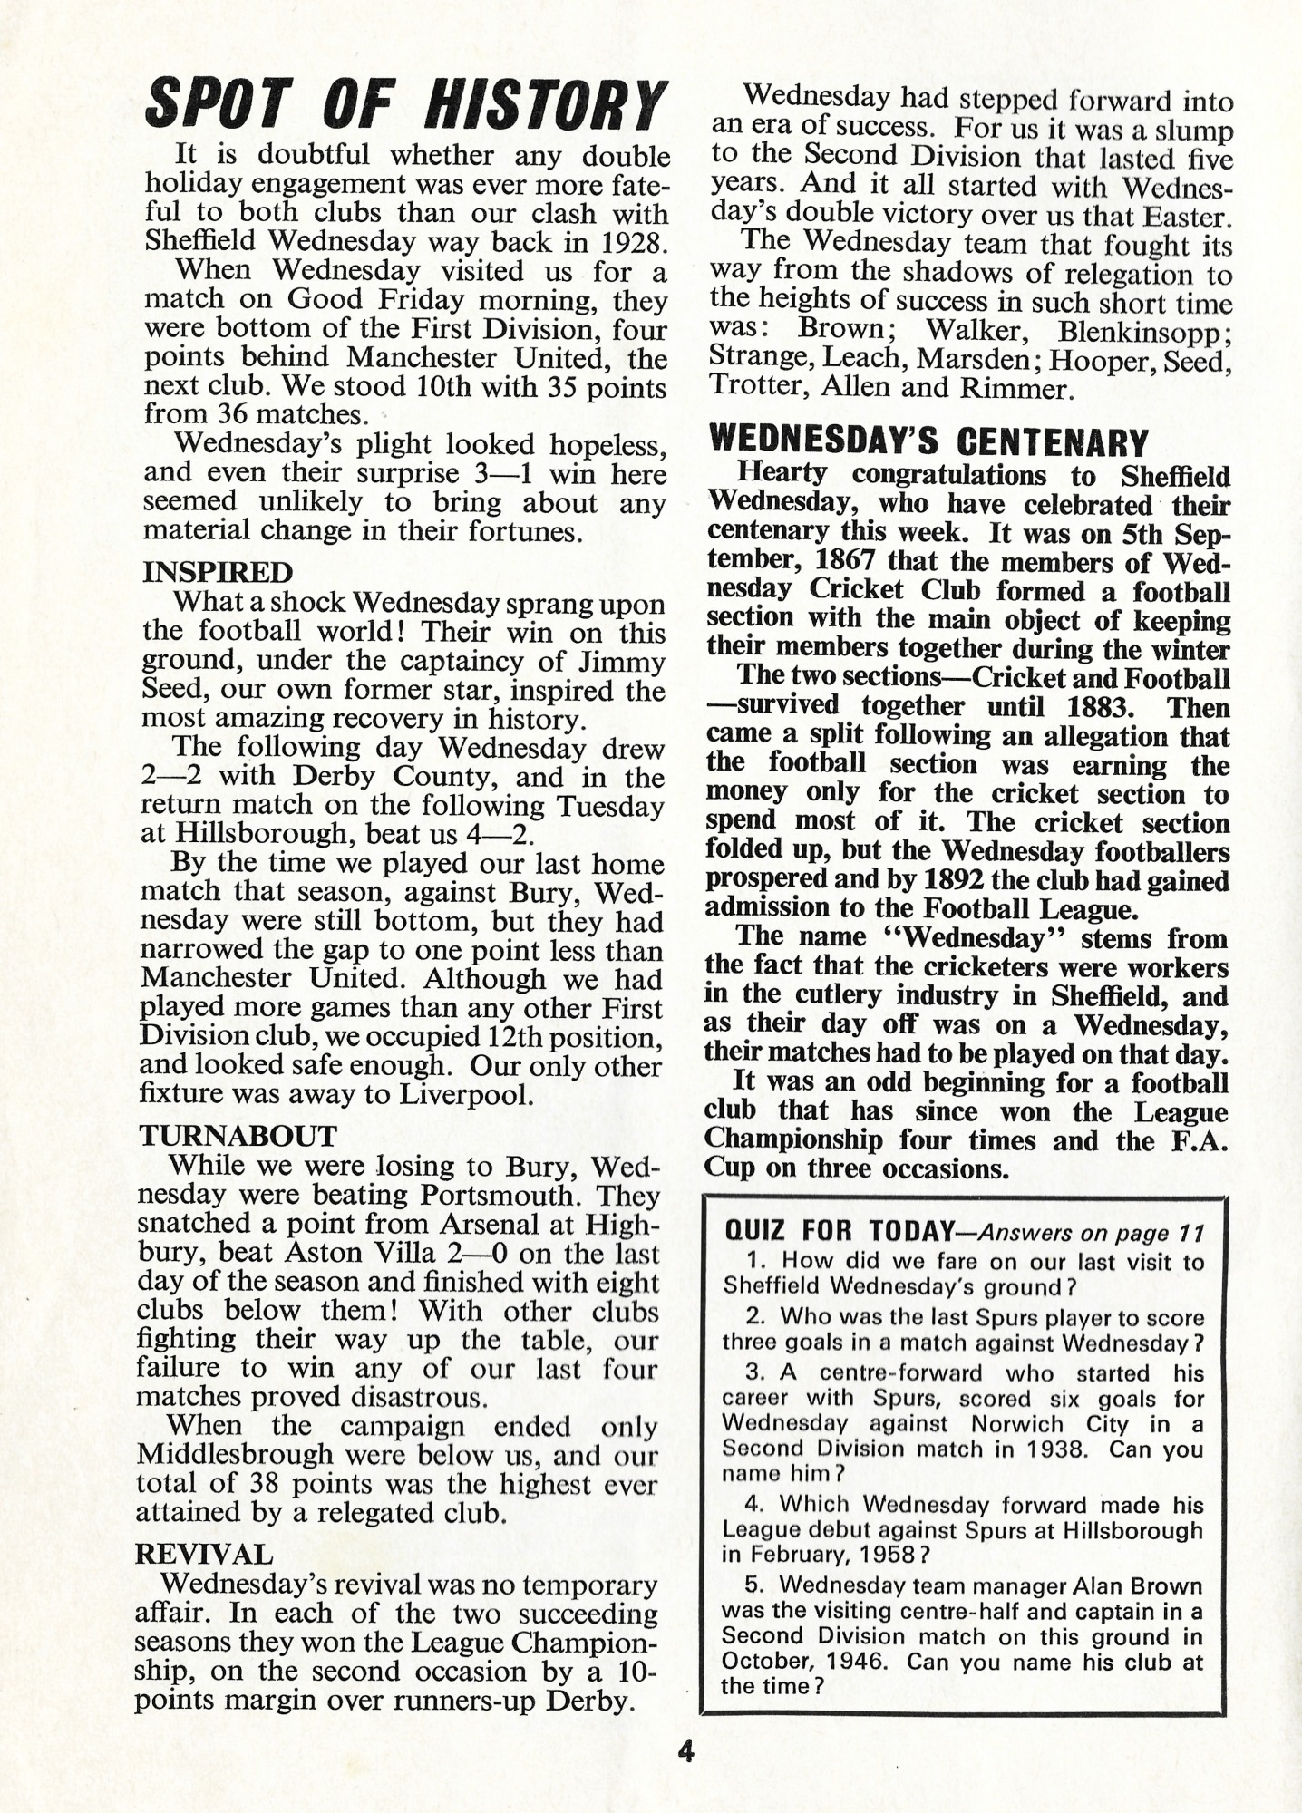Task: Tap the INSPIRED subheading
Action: click(x=218, y=573)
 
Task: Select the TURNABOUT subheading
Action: click(x=238, y=1136)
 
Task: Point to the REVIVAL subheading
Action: click(x=203, y=1555)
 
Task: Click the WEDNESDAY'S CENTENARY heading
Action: click(x=928, y=443)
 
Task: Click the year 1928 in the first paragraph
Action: click(x=636, y=242)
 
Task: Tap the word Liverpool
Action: click(x=463, y=1095)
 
